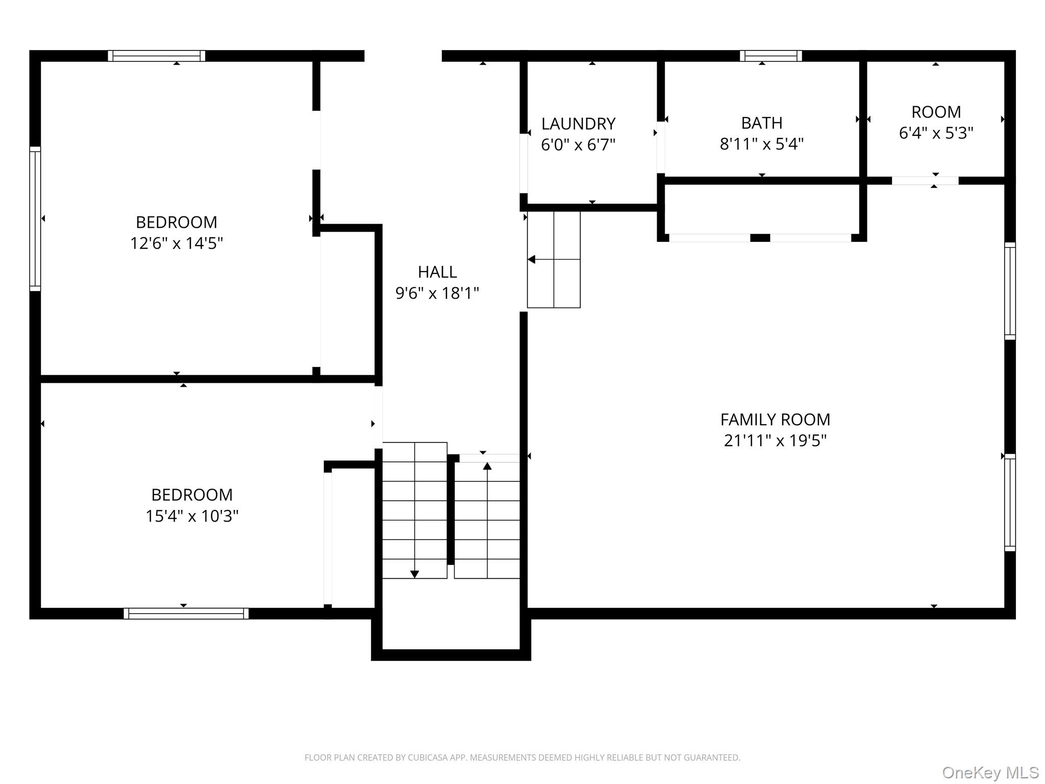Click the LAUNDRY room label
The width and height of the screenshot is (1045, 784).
pyautogui.click(x=578, y=124)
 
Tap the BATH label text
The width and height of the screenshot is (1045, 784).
pyautogui.click(x=762, y=123)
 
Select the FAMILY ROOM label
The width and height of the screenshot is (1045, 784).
pyautogui.click(x=775, y=420)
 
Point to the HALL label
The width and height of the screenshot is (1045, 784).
pyautogui.click(x=437, y=272)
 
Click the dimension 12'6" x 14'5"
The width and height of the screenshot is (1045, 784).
pyautogui.click(x=177, y=243)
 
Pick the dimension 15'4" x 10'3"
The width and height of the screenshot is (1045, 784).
pyautogui.click(x=192, y=516)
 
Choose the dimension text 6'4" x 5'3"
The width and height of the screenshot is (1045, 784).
pyautogui.click(x=936, y=133)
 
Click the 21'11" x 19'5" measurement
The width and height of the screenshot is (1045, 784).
pyautogui.click(x=775, y=440)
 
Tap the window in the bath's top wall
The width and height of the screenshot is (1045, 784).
pyautogui.click(x=770, y=56)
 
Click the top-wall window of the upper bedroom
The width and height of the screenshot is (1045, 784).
pyautogui.click(x=156, y=56)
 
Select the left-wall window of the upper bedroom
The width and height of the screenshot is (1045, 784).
pyautogui.click(x=35, y=218)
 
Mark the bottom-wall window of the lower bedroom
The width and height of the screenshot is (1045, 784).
pyautogui.click(x=186, y=614)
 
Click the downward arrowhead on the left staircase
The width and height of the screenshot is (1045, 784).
pyautogui.click(x=414, y=574)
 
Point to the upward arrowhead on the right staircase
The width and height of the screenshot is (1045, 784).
pyautogui.click(x=487, y=466)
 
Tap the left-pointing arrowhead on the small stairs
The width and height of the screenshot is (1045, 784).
pyautogui.click(x=531, y=259)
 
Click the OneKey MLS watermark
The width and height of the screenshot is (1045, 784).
pyautogui.click(x=990, y=772)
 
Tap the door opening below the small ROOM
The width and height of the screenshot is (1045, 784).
pyautogui.click(x=925, y=181)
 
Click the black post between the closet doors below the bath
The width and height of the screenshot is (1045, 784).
pyautogui.click(x=760, y=237)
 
